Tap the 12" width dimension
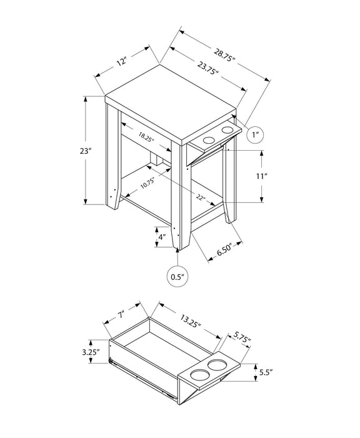122,61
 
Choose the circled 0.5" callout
177,276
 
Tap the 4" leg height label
161,237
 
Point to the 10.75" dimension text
147,183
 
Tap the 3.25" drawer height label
92,352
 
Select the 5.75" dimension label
239,339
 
